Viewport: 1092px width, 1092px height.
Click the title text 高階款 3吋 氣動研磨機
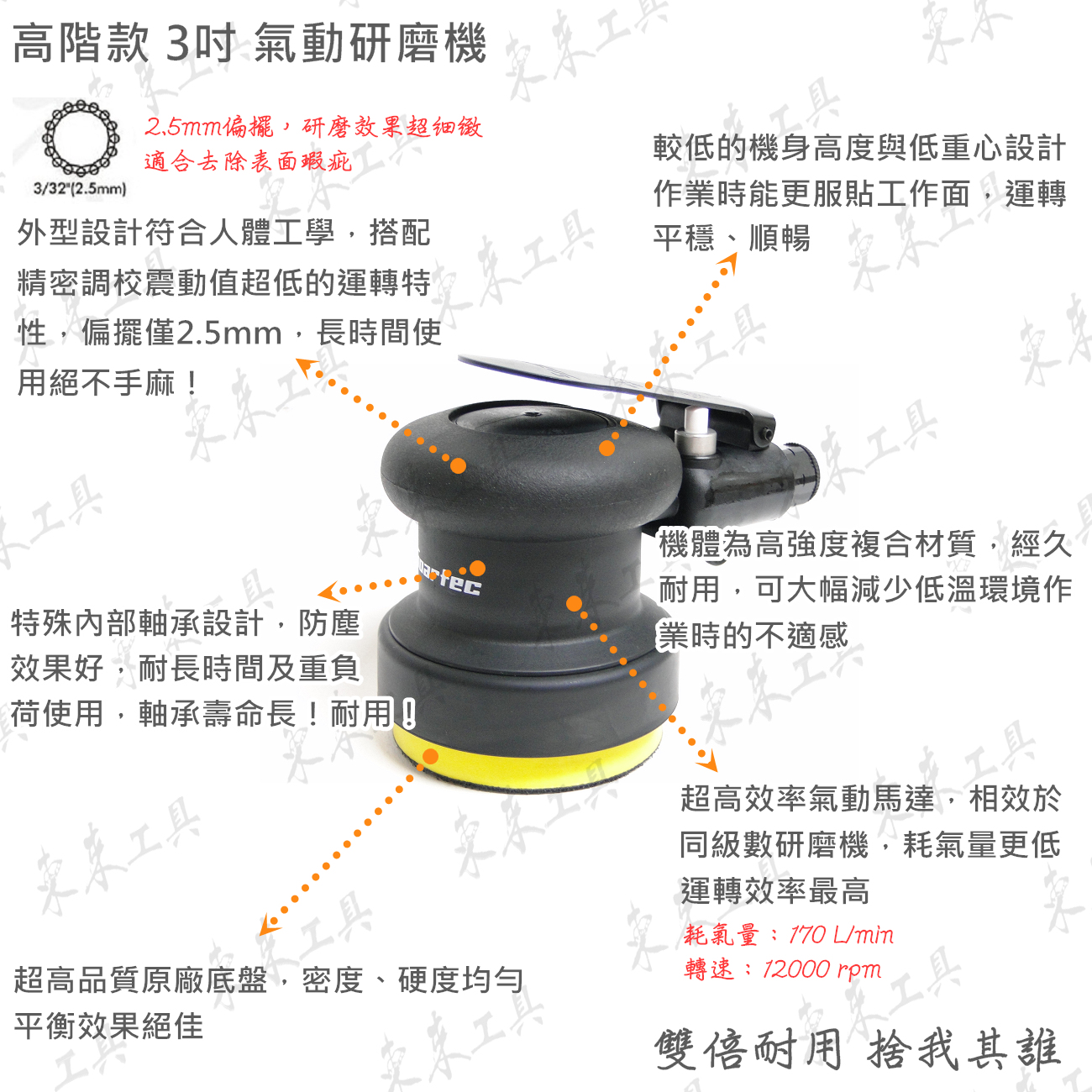(249, 44)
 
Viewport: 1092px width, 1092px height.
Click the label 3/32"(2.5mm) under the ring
(80, 189)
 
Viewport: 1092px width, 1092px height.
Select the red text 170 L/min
(841, 936)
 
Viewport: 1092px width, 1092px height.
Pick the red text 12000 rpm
(822, 969)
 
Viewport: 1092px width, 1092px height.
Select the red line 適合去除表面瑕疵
(248, 162)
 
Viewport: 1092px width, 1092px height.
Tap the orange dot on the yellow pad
(431, 757)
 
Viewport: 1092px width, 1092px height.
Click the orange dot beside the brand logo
(478, 568)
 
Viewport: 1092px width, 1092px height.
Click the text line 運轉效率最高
(774, 891)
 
